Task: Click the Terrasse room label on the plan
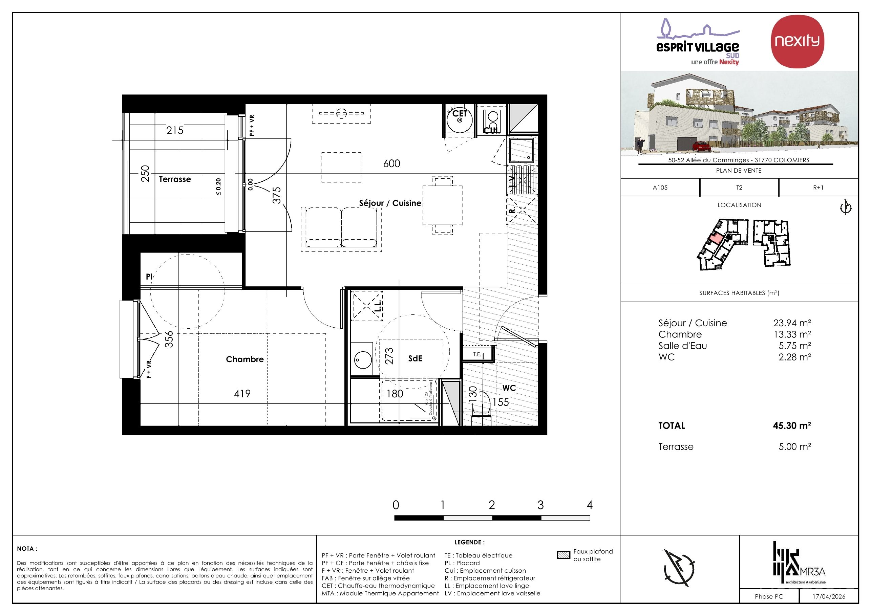(175, 179)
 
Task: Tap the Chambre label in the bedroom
(245, 359)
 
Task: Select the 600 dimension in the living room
(391, 163)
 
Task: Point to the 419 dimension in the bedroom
(242, 394)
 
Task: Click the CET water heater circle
(460, 120)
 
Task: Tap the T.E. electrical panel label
(477, 354)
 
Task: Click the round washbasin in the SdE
(363, 360)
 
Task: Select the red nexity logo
(797, 41)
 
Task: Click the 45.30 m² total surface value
(792, 426)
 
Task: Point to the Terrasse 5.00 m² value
(795, 447)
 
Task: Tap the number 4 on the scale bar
(589, 505)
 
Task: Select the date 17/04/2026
(829, 596)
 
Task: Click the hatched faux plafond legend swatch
(564, 555)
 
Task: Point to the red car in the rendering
(701, 146)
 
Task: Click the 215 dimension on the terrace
(174, 130)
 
